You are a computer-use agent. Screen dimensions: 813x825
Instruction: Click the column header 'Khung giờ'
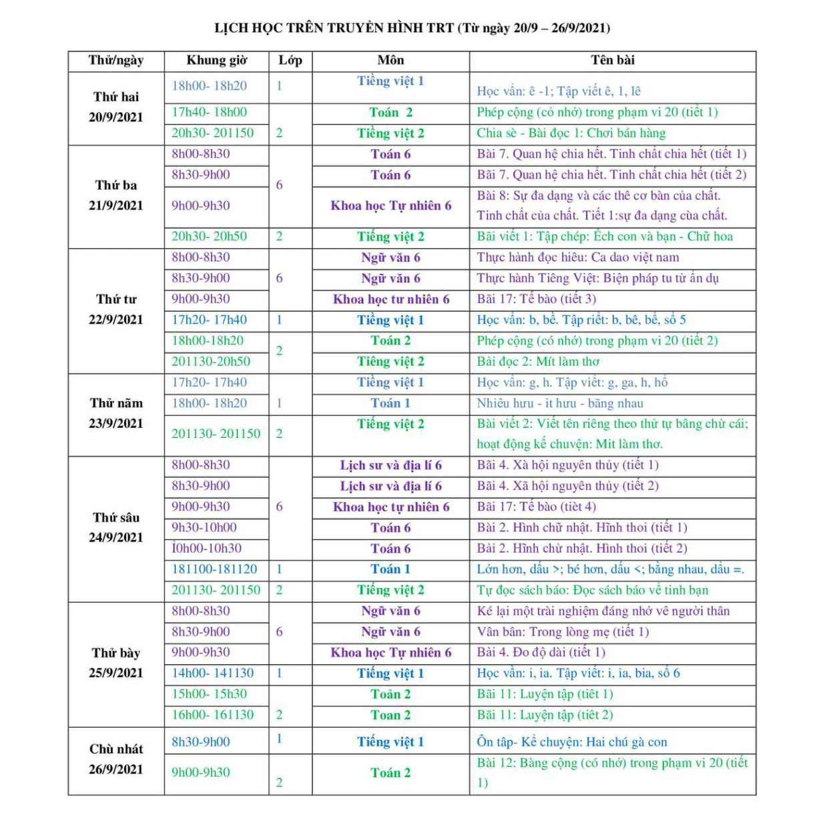pos(216,61)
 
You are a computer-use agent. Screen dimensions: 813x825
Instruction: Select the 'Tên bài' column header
pos(612,61)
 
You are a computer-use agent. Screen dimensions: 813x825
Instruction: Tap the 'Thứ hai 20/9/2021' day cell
pos(116,107)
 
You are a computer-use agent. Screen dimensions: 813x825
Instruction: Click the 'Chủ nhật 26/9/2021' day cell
pos(116,759)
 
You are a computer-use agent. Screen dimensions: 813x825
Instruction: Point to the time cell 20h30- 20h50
pos(209,236)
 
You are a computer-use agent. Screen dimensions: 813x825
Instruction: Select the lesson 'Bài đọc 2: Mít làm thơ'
pos(538,362)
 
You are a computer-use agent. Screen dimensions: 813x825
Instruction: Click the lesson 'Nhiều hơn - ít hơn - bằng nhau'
pos(559,403)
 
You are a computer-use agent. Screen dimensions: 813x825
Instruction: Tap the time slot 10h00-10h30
pos(206,548)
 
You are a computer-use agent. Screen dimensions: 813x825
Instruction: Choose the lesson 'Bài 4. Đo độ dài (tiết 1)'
pos(541,652)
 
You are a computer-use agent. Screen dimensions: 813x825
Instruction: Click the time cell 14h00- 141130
pos(212,673)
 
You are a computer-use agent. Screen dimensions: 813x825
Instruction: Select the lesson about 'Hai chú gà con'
pos(571,742)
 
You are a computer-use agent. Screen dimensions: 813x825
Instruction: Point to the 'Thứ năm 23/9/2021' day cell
pos(116,413)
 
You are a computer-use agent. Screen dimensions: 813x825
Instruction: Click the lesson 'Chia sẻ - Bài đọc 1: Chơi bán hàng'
pos(571,133)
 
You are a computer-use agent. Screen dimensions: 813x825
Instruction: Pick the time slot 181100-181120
pos(214,569)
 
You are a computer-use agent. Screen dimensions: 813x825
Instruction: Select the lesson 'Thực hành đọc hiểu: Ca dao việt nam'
pos(577,258)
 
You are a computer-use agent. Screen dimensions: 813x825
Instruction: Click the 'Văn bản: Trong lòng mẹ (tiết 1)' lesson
pos(563,631)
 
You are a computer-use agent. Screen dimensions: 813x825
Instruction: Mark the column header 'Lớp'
pos(290,61)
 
